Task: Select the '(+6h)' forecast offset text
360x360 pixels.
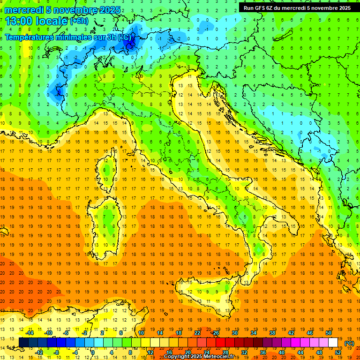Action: [78, 21]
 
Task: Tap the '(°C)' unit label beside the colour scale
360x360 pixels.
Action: [349, 343]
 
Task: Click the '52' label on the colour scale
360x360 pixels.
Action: [338, 352]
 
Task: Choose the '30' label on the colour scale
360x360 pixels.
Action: [235, 333]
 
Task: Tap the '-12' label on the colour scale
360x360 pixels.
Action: [39, 352]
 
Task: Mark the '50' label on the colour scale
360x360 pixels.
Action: [328, 333]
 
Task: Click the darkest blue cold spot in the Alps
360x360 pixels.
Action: [130, 42]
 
